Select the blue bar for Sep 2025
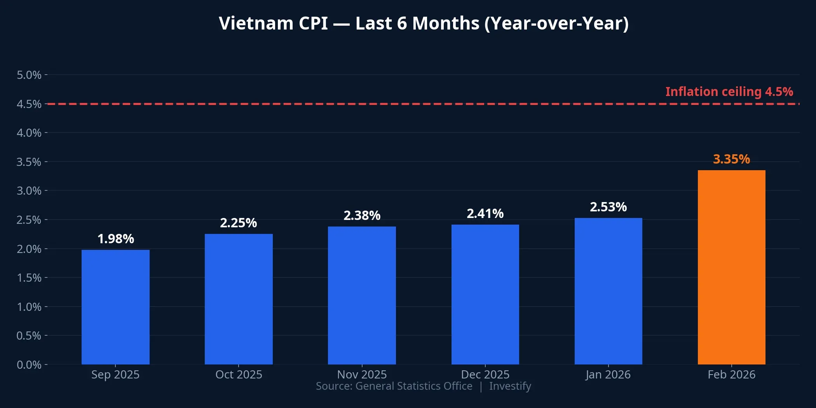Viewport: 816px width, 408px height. [x=115, y=307]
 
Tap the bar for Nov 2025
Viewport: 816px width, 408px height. [x=362, y=295]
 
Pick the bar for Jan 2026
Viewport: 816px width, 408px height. [x=608, y=291]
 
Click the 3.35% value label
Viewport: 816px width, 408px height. [x=731, y=159]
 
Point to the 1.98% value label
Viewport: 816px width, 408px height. [x=115, y=239]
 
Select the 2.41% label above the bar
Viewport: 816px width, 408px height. [x=485, y=214]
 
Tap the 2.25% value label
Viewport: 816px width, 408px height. [x=239, y=223]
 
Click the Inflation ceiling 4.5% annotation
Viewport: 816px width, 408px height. [x=729, y=92]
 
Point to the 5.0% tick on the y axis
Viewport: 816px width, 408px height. [x=29, y=75]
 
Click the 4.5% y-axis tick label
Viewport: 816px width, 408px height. [x=29, y=104]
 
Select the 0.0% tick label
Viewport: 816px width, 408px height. [x=29, y=364]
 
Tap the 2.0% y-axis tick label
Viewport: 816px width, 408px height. [x=29, y=249]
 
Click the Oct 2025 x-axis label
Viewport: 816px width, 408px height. [x=239, y=375]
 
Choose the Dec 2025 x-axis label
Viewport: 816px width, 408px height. [x=485, y=375]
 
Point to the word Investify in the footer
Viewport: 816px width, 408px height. [x=510, y=386]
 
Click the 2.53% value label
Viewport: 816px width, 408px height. [x=608, y=207]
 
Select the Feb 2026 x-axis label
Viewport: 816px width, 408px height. [x=731, y=375]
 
